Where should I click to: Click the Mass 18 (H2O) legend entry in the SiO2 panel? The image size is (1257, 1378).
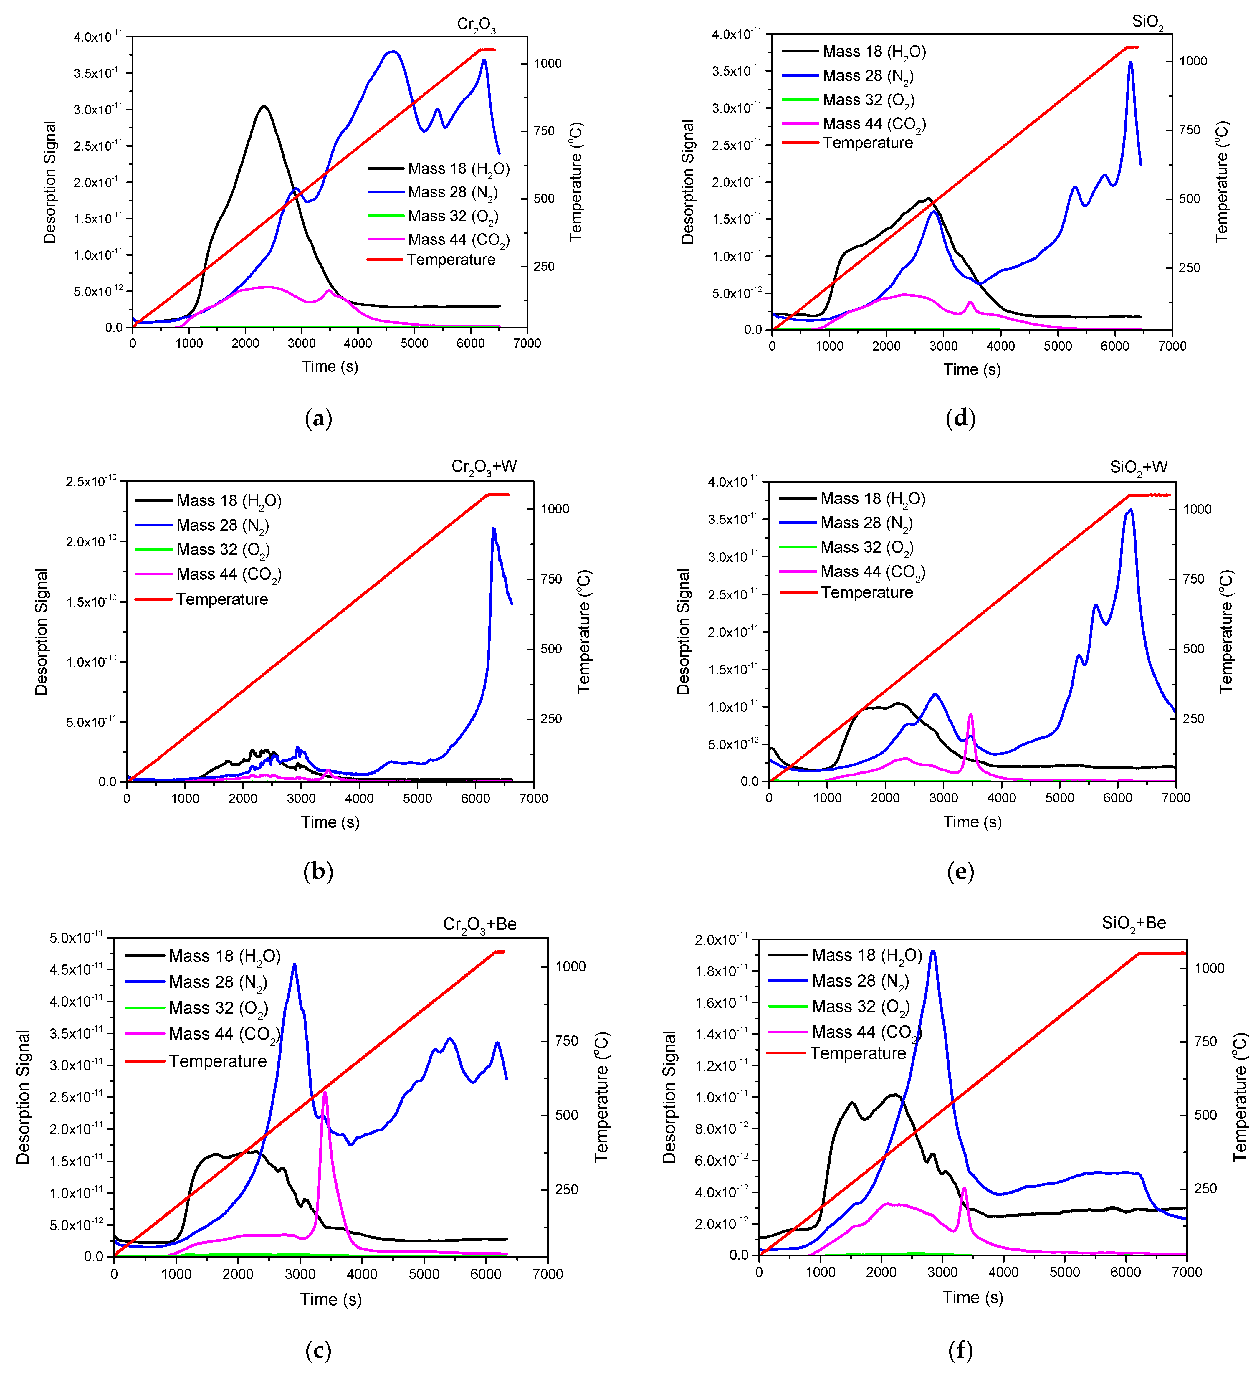(x=874, y=52)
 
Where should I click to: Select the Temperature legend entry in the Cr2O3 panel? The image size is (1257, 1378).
(x=450, y=260)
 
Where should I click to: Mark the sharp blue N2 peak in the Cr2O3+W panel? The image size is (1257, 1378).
(x=494, y=528)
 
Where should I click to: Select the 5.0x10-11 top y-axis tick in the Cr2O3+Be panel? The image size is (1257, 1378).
(x=75, y=938)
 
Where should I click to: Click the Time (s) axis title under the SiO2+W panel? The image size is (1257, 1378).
(x=972, y=822)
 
